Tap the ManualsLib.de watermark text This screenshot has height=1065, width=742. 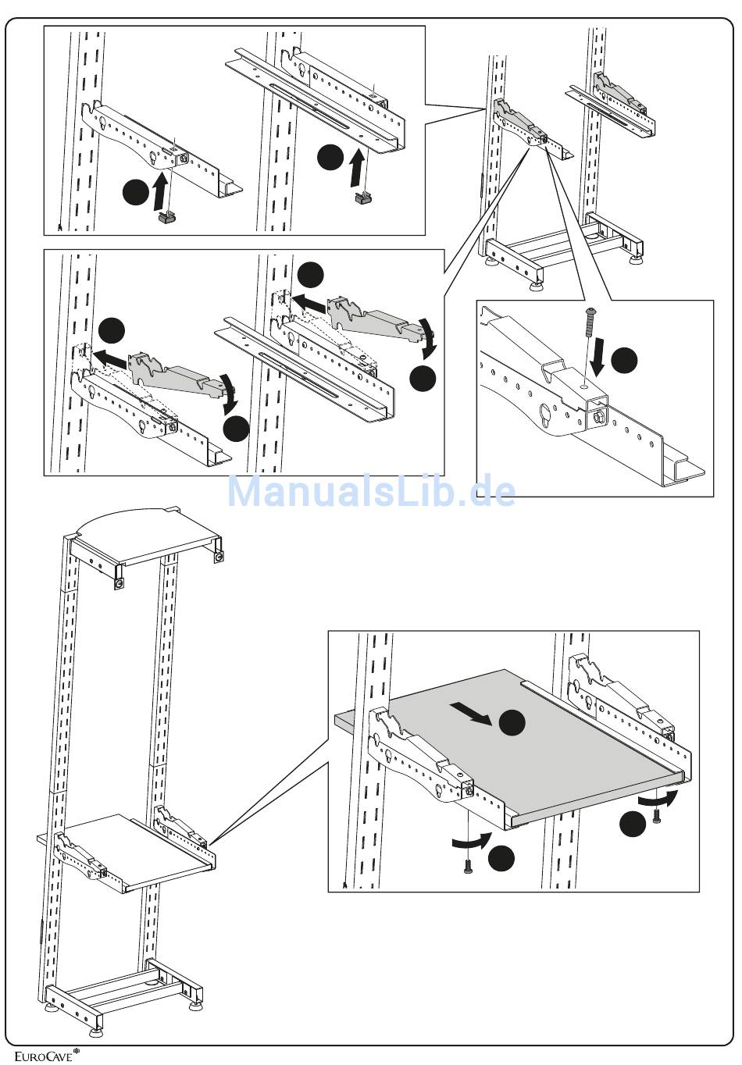click(x=371, y=492)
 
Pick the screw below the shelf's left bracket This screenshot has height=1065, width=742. click(x=468, y=865)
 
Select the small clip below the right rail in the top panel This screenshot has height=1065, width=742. click(x=362, y=200)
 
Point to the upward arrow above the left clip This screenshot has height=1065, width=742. click(x=161, y=190)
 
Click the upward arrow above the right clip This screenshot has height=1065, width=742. click(x=356, y=166)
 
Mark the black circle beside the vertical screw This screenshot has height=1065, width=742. click(x=624, y=361)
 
